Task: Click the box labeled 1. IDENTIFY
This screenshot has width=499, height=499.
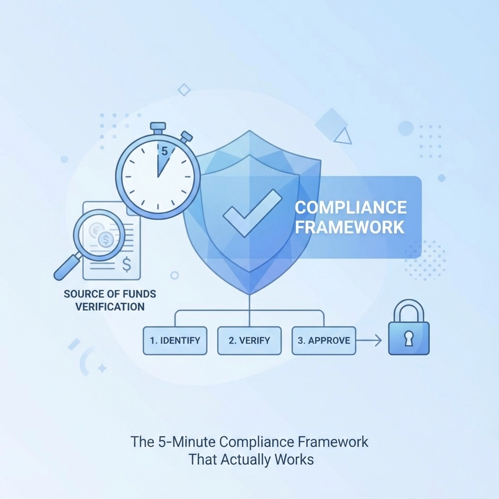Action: (x=175, y=340)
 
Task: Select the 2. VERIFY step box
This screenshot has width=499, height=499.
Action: (x=249, y=340)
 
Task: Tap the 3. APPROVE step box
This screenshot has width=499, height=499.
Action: (x=324, y=340)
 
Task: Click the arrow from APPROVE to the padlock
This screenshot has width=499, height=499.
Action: (x=369, y=340)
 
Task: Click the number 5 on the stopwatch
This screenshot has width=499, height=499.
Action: (x=164, y=152)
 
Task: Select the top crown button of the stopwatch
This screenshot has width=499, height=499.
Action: (x=157, y=128)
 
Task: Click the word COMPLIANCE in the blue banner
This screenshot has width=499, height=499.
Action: (x=351, y=207)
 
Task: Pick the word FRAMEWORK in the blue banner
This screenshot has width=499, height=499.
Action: (x=350, y=227)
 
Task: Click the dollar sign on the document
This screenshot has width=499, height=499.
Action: (x=127, y=265)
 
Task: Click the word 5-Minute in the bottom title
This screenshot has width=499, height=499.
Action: (x=188, y=442)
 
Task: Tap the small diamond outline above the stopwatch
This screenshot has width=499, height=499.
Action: (x=184, y=89)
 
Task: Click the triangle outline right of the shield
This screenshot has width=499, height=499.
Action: (x=344, y=136)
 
